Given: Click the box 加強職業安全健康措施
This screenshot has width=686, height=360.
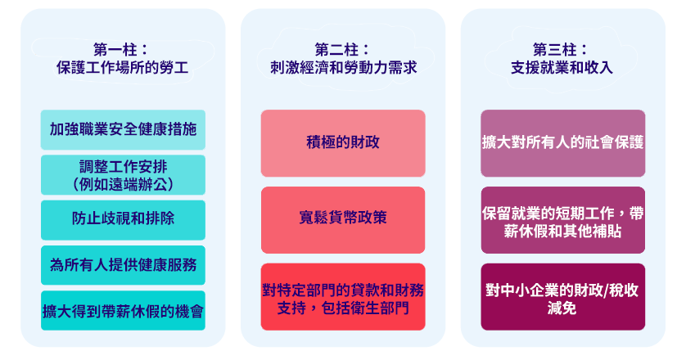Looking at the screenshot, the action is click(x=123, y=129).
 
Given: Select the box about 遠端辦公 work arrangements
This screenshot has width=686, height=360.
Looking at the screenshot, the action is click(x=123, y=175).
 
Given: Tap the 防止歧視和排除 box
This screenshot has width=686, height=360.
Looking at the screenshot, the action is click(x=123, y=220).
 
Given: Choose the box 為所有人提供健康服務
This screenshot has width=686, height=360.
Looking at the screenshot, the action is click(x=123, y=265).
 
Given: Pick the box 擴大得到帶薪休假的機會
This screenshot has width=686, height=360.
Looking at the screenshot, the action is click(x=123, y=311).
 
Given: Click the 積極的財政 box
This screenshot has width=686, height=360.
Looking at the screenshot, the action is click(x=343, y=143).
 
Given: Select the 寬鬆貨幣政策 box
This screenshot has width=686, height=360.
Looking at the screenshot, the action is click(x=343, y=220).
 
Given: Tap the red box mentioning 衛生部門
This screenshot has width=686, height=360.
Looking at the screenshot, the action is click(x=343, y=297).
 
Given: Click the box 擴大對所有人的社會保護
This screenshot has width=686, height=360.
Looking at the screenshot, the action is click(x=563, y=143).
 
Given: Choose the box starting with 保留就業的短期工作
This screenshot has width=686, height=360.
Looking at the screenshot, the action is click(x=563, y=220).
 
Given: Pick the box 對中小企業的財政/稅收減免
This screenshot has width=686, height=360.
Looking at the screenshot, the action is click(x=563, y=297).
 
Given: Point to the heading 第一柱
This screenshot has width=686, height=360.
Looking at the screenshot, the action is click(x=121, y=50).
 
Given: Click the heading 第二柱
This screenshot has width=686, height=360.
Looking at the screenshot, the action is click(x=342, y=50).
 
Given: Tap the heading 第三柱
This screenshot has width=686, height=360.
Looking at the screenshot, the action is click(x=561, y=50).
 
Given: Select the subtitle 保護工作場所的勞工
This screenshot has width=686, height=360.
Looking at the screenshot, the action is click(x=123, y=68).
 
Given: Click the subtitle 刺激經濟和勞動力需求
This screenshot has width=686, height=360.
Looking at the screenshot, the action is click(x=344, y=68).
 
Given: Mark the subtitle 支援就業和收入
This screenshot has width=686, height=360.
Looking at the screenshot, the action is click(x=562, y=68).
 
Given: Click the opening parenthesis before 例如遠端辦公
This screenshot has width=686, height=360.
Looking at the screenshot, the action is click(x=75, y=185).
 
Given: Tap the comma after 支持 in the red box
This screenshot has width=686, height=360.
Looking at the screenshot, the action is click(x=313, y=311).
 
